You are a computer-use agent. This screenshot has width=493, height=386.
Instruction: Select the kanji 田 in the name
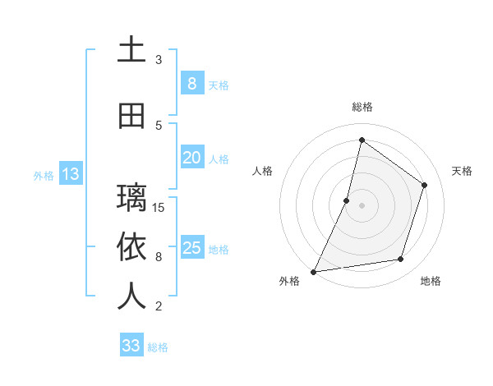coord(131,117)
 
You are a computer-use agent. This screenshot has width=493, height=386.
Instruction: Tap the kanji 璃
coord(131,198)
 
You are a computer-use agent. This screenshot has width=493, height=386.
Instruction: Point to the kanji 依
coord(131,247)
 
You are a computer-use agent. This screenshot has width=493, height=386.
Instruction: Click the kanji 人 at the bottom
coord(131,296)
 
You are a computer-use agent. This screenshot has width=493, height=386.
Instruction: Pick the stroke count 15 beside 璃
coord(159,207)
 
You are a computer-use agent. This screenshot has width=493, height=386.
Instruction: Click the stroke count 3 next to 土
coord(159,59)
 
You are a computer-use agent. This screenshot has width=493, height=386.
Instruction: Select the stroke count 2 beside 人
coord(159,306)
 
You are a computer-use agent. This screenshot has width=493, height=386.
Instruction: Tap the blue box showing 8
coord(191,84)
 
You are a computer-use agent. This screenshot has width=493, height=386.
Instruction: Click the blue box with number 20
coord(191,158)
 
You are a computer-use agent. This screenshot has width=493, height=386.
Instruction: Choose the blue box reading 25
coord(191,248)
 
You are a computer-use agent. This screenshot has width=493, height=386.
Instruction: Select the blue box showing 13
coord(70,174)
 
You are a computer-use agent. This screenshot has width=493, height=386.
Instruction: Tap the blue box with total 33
coord(131,346)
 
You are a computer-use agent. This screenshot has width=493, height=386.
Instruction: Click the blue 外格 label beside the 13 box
coord(44,175)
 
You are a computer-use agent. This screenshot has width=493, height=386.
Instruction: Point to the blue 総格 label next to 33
coord(158,347)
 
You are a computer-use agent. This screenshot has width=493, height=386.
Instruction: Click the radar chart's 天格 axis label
coord(462,171)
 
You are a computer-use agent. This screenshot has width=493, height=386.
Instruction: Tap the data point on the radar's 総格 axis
coord(362,140)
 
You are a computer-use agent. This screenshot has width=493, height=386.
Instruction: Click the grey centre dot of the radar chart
coord(362,205)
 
